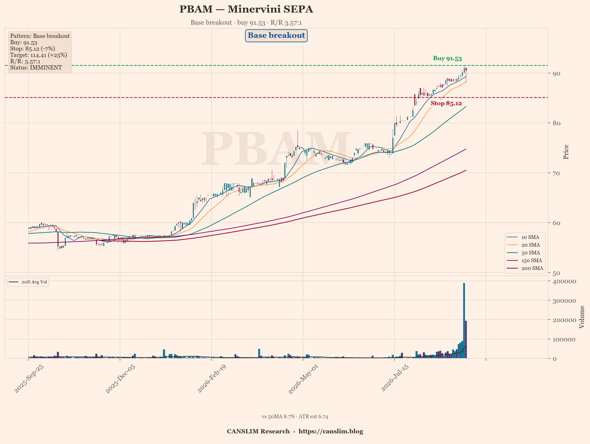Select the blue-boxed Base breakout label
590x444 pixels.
pos(276,35)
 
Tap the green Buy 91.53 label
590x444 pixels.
pos(447,58)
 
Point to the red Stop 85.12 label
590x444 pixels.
pos(446,103)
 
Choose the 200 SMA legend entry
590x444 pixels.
pos(525,268)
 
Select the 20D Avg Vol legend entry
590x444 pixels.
pos(28,282)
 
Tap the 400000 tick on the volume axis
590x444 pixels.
pos(564,281)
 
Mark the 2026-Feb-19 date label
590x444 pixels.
pos(212,378)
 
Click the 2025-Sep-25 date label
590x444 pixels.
pos(29,378)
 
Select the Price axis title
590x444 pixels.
pos(566,152)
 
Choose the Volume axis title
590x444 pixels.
pos(582,317)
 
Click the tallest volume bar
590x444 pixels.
pos(464,320)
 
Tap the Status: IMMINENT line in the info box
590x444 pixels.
pos(36,68)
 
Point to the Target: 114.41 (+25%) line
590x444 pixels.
pos(39,55)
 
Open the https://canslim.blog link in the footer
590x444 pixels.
pos(331,431)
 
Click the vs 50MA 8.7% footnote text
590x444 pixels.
pos(278,417)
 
